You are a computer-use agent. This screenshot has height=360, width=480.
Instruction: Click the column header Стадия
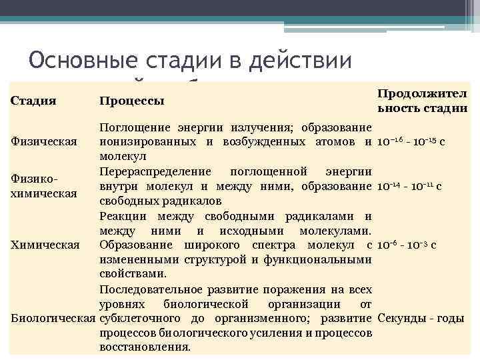tap(33, 101)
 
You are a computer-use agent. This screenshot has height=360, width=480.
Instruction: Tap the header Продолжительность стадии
tap(422, 101)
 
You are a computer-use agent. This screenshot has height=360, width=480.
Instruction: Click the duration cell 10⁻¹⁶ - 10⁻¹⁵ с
tap(411, 142)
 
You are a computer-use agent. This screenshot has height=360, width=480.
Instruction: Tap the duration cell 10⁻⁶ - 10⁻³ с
tap(407, 245)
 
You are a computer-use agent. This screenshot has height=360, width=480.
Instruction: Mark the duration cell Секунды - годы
tap(421, 318)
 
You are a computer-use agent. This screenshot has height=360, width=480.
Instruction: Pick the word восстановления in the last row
tap(143, 347)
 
